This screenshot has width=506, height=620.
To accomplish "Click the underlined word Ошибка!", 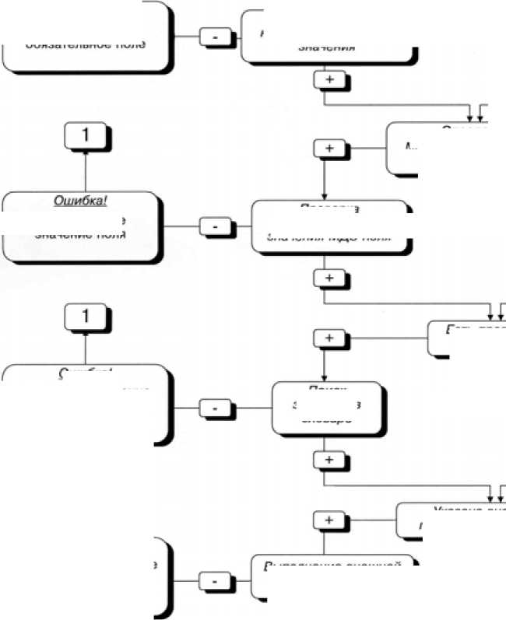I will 80,200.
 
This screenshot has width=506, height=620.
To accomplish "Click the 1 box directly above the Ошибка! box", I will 86,135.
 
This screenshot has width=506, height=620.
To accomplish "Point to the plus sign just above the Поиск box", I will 328,338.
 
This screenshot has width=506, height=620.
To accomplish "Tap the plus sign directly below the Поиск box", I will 328,460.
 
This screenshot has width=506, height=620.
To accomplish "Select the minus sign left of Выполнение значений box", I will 213,580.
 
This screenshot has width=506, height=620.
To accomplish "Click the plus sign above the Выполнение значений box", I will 328,519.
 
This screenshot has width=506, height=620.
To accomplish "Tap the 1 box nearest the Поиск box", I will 86,317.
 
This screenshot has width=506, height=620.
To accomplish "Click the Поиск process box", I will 328,407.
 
